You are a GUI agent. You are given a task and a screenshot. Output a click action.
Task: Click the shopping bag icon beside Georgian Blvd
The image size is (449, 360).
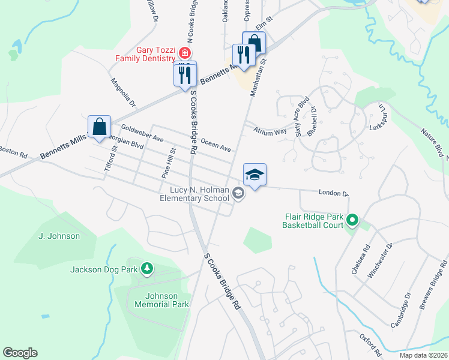(99, 127)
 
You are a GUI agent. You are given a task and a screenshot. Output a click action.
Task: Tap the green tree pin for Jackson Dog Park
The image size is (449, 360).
(146, 268)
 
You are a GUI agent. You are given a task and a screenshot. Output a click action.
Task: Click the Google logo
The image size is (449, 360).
(20, 353)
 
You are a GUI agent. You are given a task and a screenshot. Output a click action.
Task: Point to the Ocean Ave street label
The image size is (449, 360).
(216, 145)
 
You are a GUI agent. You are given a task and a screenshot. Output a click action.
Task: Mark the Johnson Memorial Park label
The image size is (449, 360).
(167, 300)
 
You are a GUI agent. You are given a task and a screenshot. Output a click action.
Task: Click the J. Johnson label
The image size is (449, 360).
(59, 236)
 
